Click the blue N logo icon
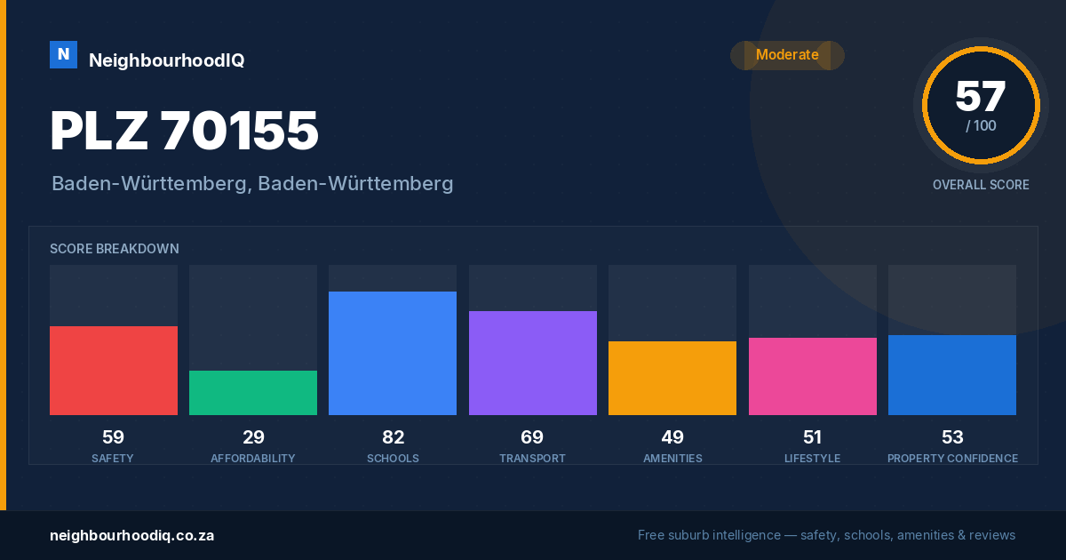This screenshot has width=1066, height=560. coord(63,55)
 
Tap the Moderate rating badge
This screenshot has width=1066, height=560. coord(787,55)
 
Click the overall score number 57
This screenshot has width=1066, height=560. coord(981,96)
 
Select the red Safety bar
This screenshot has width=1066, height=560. coord(114,371)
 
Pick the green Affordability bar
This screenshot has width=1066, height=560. coord(253,393)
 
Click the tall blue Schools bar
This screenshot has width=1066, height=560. coord(393,354)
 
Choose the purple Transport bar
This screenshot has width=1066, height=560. coord(532,363)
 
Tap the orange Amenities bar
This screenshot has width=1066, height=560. coord(672,378)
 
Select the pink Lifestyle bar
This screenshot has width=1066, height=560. coord(812,376)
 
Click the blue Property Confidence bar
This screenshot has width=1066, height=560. coord(952,375)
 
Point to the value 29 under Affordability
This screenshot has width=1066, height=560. coord(253,437)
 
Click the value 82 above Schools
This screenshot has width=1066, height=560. coord(393,437)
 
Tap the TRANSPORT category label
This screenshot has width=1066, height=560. coord(532,458)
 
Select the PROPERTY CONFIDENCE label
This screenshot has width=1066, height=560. coord(952,458)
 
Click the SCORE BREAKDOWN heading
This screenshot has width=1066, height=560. coord(115,249)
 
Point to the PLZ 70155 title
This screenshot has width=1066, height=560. coord(184,131)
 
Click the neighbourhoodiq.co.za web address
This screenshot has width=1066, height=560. coord(131,535)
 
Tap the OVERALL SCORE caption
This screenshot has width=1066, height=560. coord(981,185)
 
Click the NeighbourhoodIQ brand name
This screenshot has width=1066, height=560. coord(167,60)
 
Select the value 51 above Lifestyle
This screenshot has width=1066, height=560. coord(812,437)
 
